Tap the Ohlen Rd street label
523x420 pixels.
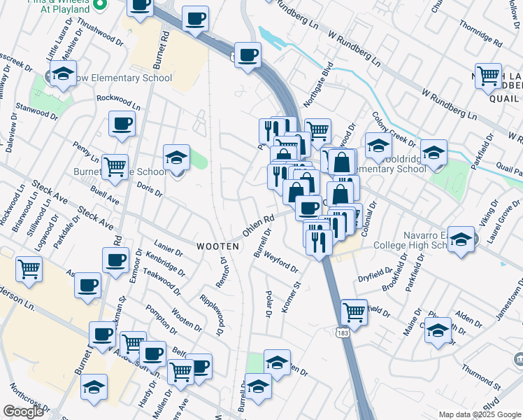coord(257,225)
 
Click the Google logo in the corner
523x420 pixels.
coord(23,412)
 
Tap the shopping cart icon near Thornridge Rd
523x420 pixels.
coord(488,75)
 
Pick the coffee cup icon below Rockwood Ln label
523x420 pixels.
coord(122,124)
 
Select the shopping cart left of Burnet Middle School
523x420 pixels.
coord(115,166)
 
